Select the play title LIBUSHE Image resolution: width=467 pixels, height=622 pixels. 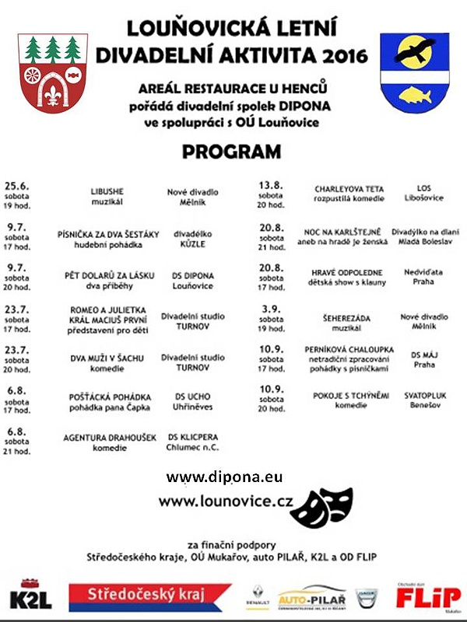point(107,191)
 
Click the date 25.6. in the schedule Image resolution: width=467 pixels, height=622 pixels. point(16,186)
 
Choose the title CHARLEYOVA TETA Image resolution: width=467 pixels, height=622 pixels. point(349,188)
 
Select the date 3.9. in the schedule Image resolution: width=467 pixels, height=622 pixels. point(271,309)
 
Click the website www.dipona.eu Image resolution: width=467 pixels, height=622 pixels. point(224,476)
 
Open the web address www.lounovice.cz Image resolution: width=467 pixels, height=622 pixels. point(226,501)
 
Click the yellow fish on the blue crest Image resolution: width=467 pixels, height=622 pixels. point(414,94)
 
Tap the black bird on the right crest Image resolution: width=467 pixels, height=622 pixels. point(415,51)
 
